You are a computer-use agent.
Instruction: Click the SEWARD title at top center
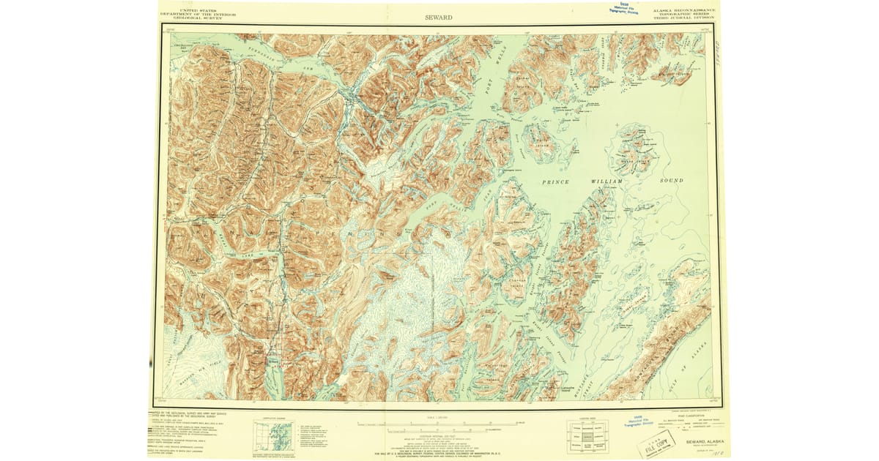(x=439, y=17)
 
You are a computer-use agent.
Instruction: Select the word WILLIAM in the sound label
(x=607, y=180)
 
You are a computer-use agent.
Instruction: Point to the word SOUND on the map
(x=671, y=180)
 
